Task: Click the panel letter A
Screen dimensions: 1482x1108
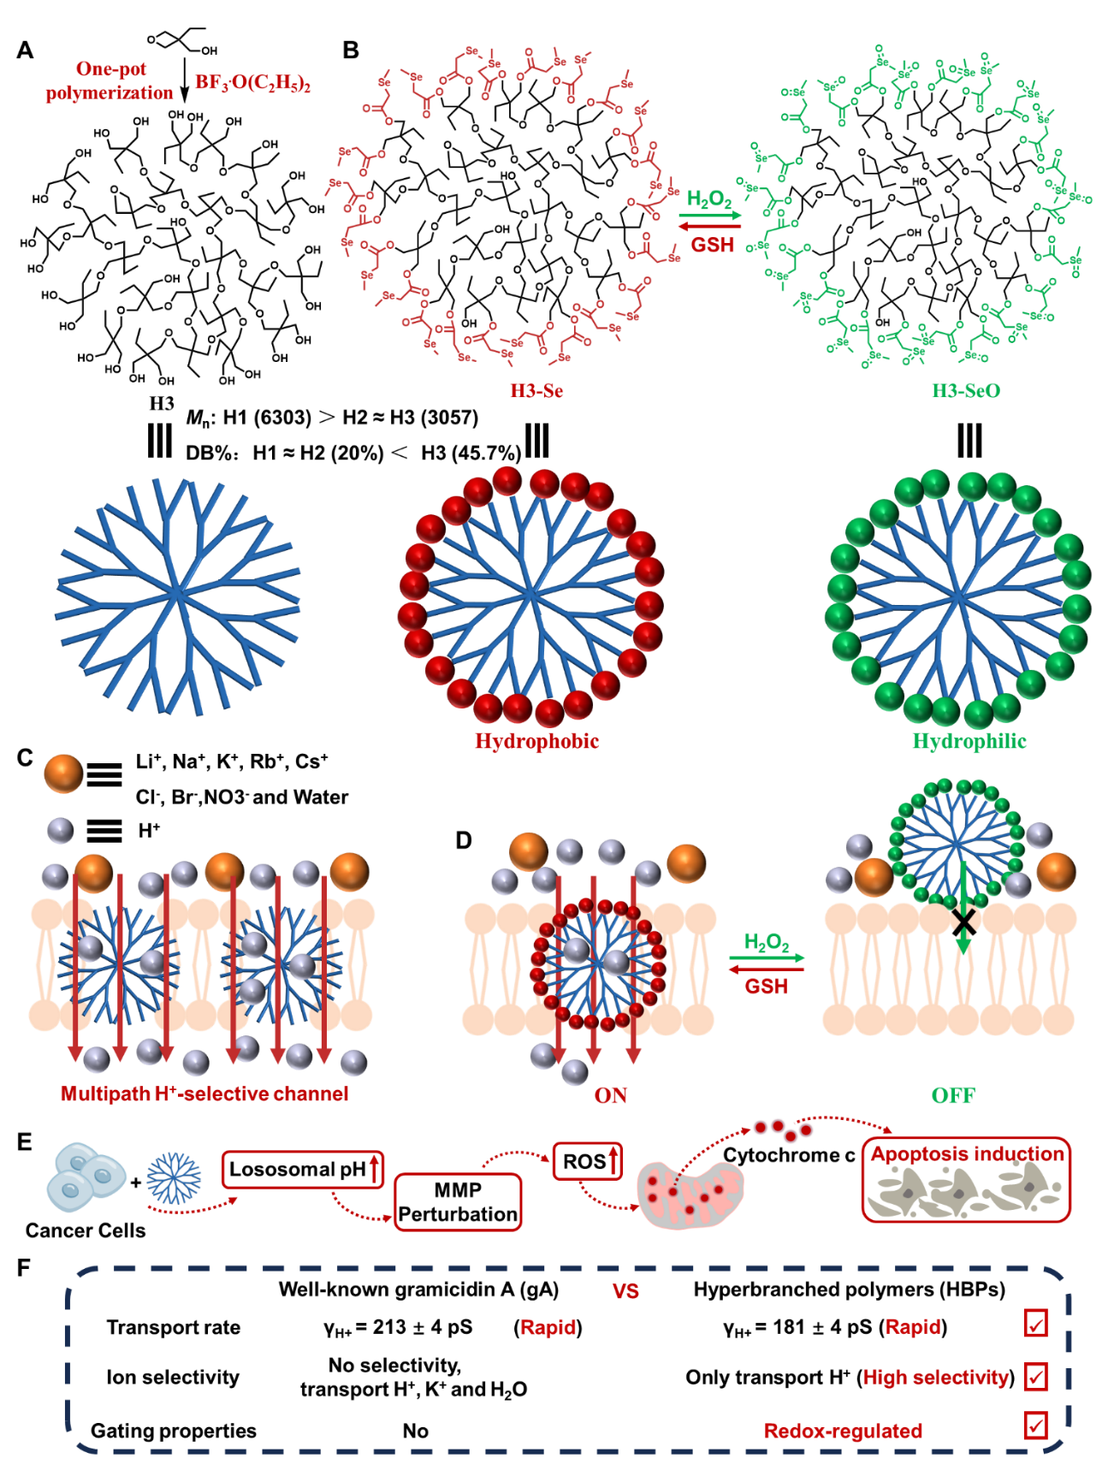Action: tap(25, 50)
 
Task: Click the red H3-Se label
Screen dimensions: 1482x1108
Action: tap(536, 391)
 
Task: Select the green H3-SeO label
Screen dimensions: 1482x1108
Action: tap(966, 391)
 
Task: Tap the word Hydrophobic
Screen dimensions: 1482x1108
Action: tap(536, 741)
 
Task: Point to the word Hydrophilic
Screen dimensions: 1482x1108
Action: tap(969, 741)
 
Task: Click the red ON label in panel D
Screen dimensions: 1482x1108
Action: tap(610, 1095)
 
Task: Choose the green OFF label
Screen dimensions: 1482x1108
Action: tap(953, 1095)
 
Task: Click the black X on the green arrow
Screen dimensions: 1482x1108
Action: tap(964, 922)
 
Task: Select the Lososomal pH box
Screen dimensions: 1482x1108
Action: tap(303, 1170)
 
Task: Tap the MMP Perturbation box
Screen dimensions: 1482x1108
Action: tap(458, 1202)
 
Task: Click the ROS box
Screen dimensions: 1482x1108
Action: tap(588, 1161)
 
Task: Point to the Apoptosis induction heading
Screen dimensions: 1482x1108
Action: tap(967, 1154)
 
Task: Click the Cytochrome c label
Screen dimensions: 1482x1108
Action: tap(789, 1155)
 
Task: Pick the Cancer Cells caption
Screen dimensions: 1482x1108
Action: tap(86, 1230)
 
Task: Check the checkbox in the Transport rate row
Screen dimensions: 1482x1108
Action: tap(1036, 1324)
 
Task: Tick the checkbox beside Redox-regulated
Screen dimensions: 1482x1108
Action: tap(1036, 1426)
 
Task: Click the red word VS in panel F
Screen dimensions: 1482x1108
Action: tap(625, 1291)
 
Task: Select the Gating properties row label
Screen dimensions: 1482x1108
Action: tap(174, 1431)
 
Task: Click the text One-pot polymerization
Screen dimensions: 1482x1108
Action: tap(110, 80)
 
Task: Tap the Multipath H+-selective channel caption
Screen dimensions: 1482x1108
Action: tap(204, 1094)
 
